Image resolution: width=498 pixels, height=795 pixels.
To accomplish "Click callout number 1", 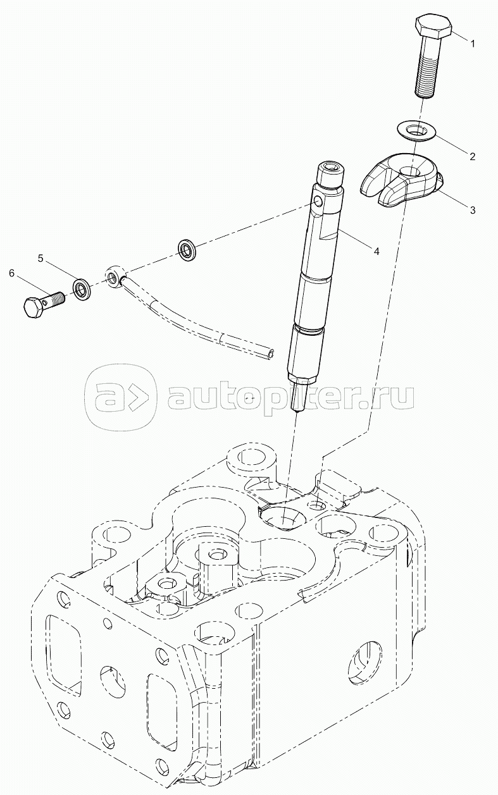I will [471, 43].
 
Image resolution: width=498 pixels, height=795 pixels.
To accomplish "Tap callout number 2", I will [471, 156].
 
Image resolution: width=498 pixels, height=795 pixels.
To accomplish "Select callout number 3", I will [471, 209].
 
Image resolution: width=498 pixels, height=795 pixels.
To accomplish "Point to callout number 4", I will [375, 251].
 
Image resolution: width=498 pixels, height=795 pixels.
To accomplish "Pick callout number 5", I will [40, 258].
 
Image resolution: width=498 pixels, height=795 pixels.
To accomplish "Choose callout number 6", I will [11, 273].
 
